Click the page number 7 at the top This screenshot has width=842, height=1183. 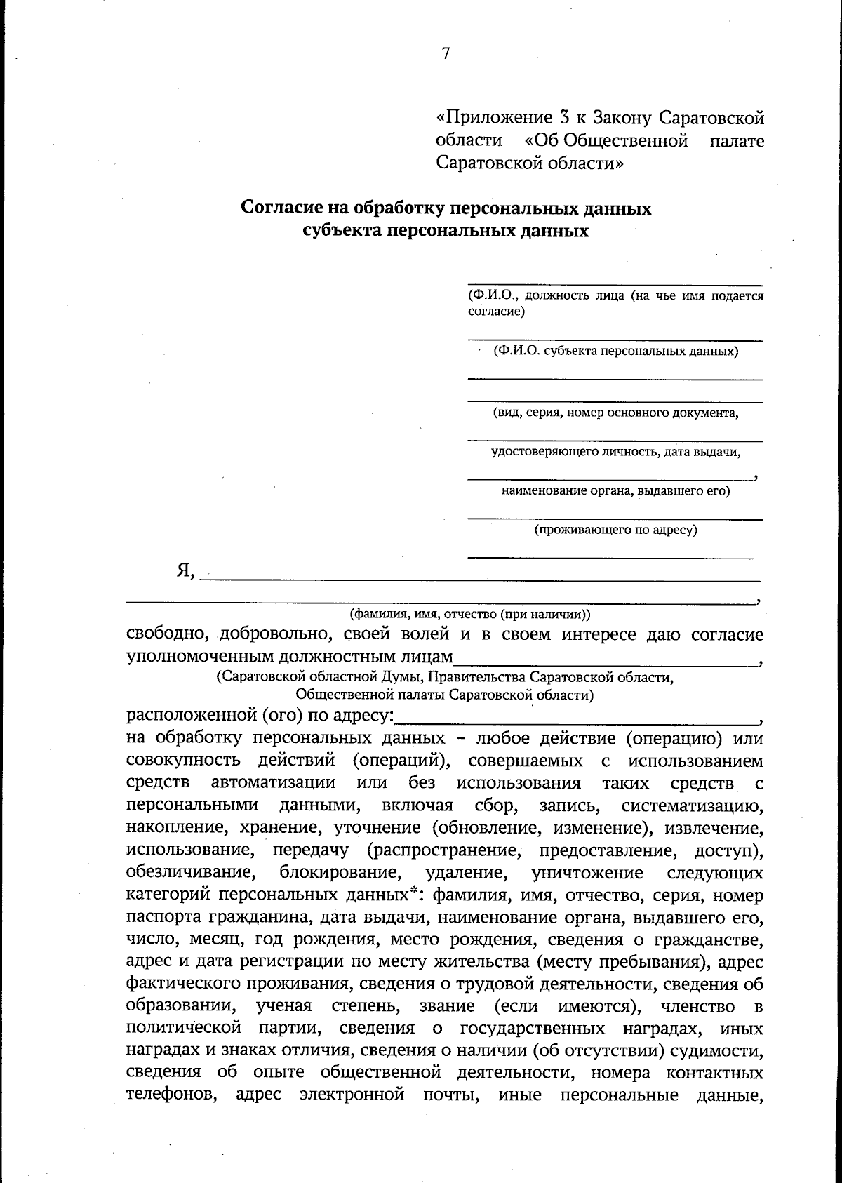(x=446, y=54)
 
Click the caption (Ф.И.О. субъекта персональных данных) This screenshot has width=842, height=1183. (x=615, y=351)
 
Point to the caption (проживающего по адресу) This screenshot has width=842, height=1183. (x=615, y=530)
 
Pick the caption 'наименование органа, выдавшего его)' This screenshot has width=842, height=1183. (x=615, y=491)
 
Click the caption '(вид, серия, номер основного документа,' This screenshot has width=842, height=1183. (x=615, y=413)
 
